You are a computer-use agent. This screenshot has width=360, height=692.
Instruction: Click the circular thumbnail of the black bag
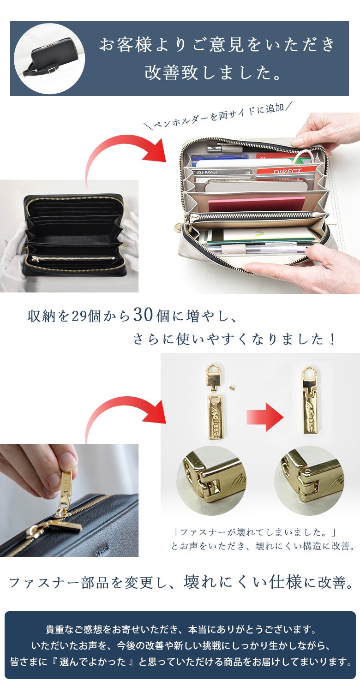click(49, 59)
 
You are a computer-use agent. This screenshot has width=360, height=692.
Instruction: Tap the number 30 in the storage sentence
click(143, 315)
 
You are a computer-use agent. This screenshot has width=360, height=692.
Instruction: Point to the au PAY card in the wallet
click(222, 173)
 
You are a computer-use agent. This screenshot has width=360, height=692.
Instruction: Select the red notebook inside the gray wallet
click(257, 204)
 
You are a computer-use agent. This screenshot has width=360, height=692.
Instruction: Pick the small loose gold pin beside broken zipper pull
click(232, 386)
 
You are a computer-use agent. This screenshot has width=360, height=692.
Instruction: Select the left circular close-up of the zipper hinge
click(211, 480)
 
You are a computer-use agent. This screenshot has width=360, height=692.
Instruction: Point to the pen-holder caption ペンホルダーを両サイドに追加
click(218, 115)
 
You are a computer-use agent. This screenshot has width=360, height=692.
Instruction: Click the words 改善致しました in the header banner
click(213, 73)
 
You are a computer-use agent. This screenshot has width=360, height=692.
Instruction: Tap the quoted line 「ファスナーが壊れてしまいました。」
click(255, 532)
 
